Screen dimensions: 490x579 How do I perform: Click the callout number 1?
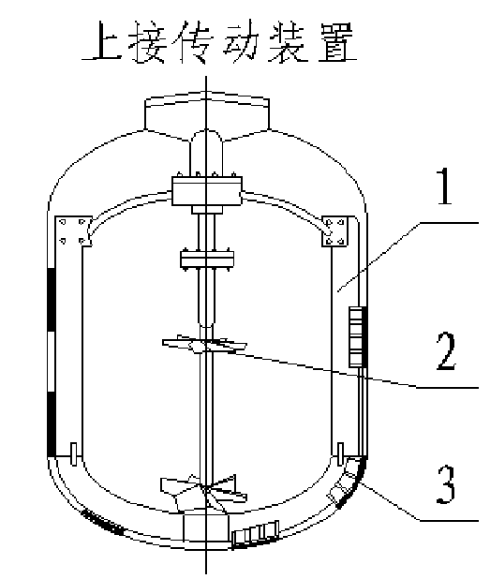[x=445, y=186]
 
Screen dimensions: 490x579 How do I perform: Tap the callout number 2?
[x=446, y=350]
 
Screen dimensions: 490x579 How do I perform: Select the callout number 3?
[x=446, y=484]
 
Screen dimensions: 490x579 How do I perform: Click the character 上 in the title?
[x=102, y=40]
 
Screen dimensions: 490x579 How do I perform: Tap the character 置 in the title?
[x=336, y=41]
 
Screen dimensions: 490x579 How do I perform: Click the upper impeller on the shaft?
[x=205, y=344]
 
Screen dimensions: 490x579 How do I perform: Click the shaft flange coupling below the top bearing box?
[x=207, y=260]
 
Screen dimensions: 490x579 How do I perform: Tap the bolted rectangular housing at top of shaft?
[x=207, y=190]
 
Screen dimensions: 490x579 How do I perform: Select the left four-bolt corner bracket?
[x=73, y=231]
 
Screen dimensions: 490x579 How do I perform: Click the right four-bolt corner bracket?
[x=334, y=231]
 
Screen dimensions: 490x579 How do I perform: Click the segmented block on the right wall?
[x=356, y=336]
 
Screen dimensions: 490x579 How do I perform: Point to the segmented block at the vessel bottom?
[x=256, y=533]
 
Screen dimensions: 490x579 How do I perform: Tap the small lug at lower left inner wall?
[x=73, y=453]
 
